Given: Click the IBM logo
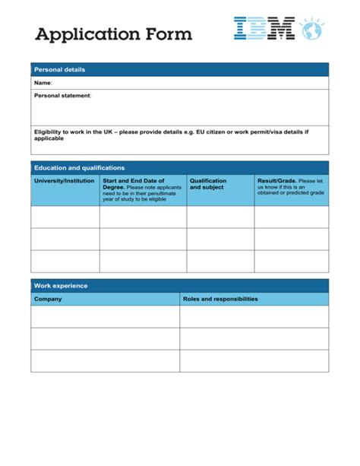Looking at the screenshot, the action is click(264, 30).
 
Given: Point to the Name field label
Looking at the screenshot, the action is click(43, 83).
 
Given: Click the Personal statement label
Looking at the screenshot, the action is click(62, 96).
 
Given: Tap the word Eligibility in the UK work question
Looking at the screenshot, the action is click(52, 132).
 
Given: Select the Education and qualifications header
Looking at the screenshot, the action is click(79, 168).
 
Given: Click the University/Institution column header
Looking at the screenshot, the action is click(64, 181).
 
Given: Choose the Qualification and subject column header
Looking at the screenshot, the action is click(208, 184).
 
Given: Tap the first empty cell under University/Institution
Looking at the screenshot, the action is click(65, 217).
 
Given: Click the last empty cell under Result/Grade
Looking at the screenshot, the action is click(292, 262).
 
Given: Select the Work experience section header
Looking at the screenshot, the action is click(61, 286).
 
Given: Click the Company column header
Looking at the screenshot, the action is click(48, 299).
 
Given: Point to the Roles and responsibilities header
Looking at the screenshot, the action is click(220, 299).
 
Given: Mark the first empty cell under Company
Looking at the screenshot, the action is click(106, 317).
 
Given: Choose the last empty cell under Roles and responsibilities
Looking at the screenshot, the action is click(254, 361).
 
